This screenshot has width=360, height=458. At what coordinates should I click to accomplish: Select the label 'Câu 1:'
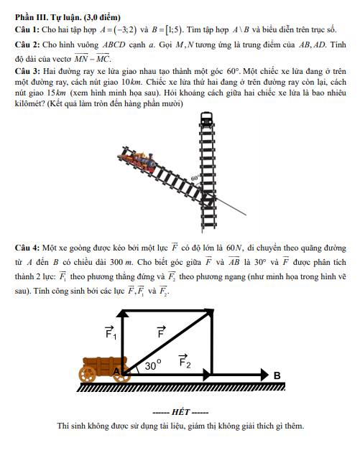pyautogui.click(x=27, y=29)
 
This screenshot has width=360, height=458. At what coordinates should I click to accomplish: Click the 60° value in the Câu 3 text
pyautogui.click(x=233, y=71)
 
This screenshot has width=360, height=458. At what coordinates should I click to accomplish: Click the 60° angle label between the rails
pyautogui.click(x=195, y=178)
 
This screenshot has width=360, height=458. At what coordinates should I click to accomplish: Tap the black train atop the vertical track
pyautogui.click(x=206, y=119)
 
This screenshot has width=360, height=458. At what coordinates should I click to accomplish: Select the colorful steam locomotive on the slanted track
pyautogui.click(x=137, y=161)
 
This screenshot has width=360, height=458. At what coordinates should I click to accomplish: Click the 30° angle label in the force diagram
pyautogui.click(x=153, y=365)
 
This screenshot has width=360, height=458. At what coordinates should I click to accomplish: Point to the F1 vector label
pyautogui.click(x=111, y=332)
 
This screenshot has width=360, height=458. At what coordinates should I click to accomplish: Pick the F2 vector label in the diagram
pyautogui.click(x=185, y=361)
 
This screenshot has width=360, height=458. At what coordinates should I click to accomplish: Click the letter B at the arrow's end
pyautogui.click(x=277, y=375)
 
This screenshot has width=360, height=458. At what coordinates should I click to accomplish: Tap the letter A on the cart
pyautogui.click(x=116, y=372)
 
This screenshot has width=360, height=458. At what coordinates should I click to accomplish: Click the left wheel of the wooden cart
pyautogui.click(x=87, y=374)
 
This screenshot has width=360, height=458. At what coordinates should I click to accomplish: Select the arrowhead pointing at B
pyautogui.click(x=264, y=375)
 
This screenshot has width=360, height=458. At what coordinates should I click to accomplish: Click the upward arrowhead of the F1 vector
pyautogui.click(x=123, y=313)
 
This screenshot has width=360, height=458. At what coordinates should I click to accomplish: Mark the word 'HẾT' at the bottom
pyautogui.click(x=181, y=412)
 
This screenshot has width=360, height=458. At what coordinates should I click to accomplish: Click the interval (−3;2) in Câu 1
pyautogui.click(x=126, y=30)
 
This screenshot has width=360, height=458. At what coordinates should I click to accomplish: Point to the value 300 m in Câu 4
pyautogui.click(x=121, y=262)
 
